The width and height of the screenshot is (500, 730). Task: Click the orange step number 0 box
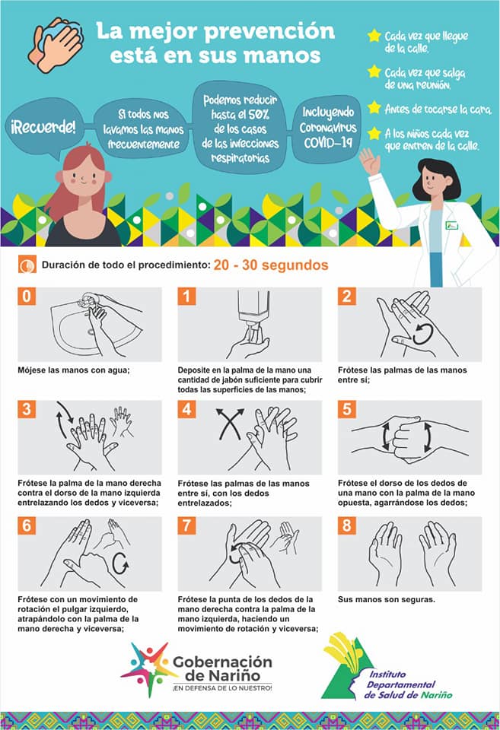[27, 296]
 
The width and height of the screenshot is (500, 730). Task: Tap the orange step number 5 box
[347, 409]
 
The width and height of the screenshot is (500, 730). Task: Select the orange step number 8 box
[347, 525]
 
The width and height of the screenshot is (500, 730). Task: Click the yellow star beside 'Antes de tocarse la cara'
[374, 107]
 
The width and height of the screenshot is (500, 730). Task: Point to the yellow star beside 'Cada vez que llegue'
[374, 36]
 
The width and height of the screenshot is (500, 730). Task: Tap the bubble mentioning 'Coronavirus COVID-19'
[327, 128]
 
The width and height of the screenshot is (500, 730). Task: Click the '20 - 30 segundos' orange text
[271, 265]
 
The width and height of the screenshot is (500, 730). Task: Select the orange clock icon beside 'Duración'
[27, 265]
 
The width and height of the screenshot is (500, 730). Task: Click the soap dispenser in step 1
[253, 312]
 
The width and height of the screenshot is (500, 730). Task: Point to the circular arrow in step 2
[423, 334]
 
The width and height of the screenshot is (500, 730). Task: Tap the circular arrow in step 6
[120, 563]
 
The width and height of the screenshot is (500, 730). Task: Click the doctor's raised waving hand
[370, 160]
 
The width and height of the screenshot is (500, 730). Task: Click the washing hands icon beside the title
[56, 45]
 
